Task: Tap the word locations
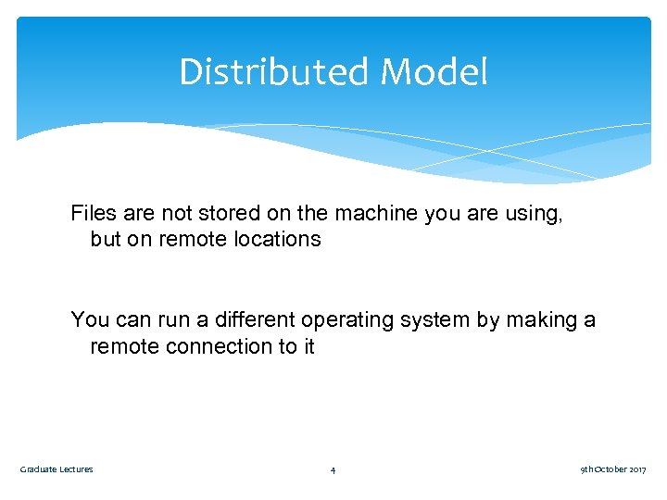point(274,239)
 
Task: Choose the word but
point(107,239)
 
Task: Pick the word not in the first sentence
point(177,213)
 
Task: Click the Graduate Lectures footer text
point(57,469)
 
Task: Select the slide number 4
point(333,470)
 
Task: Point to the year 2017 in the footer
point(637,469)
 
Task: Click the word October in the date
point(610,469)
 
